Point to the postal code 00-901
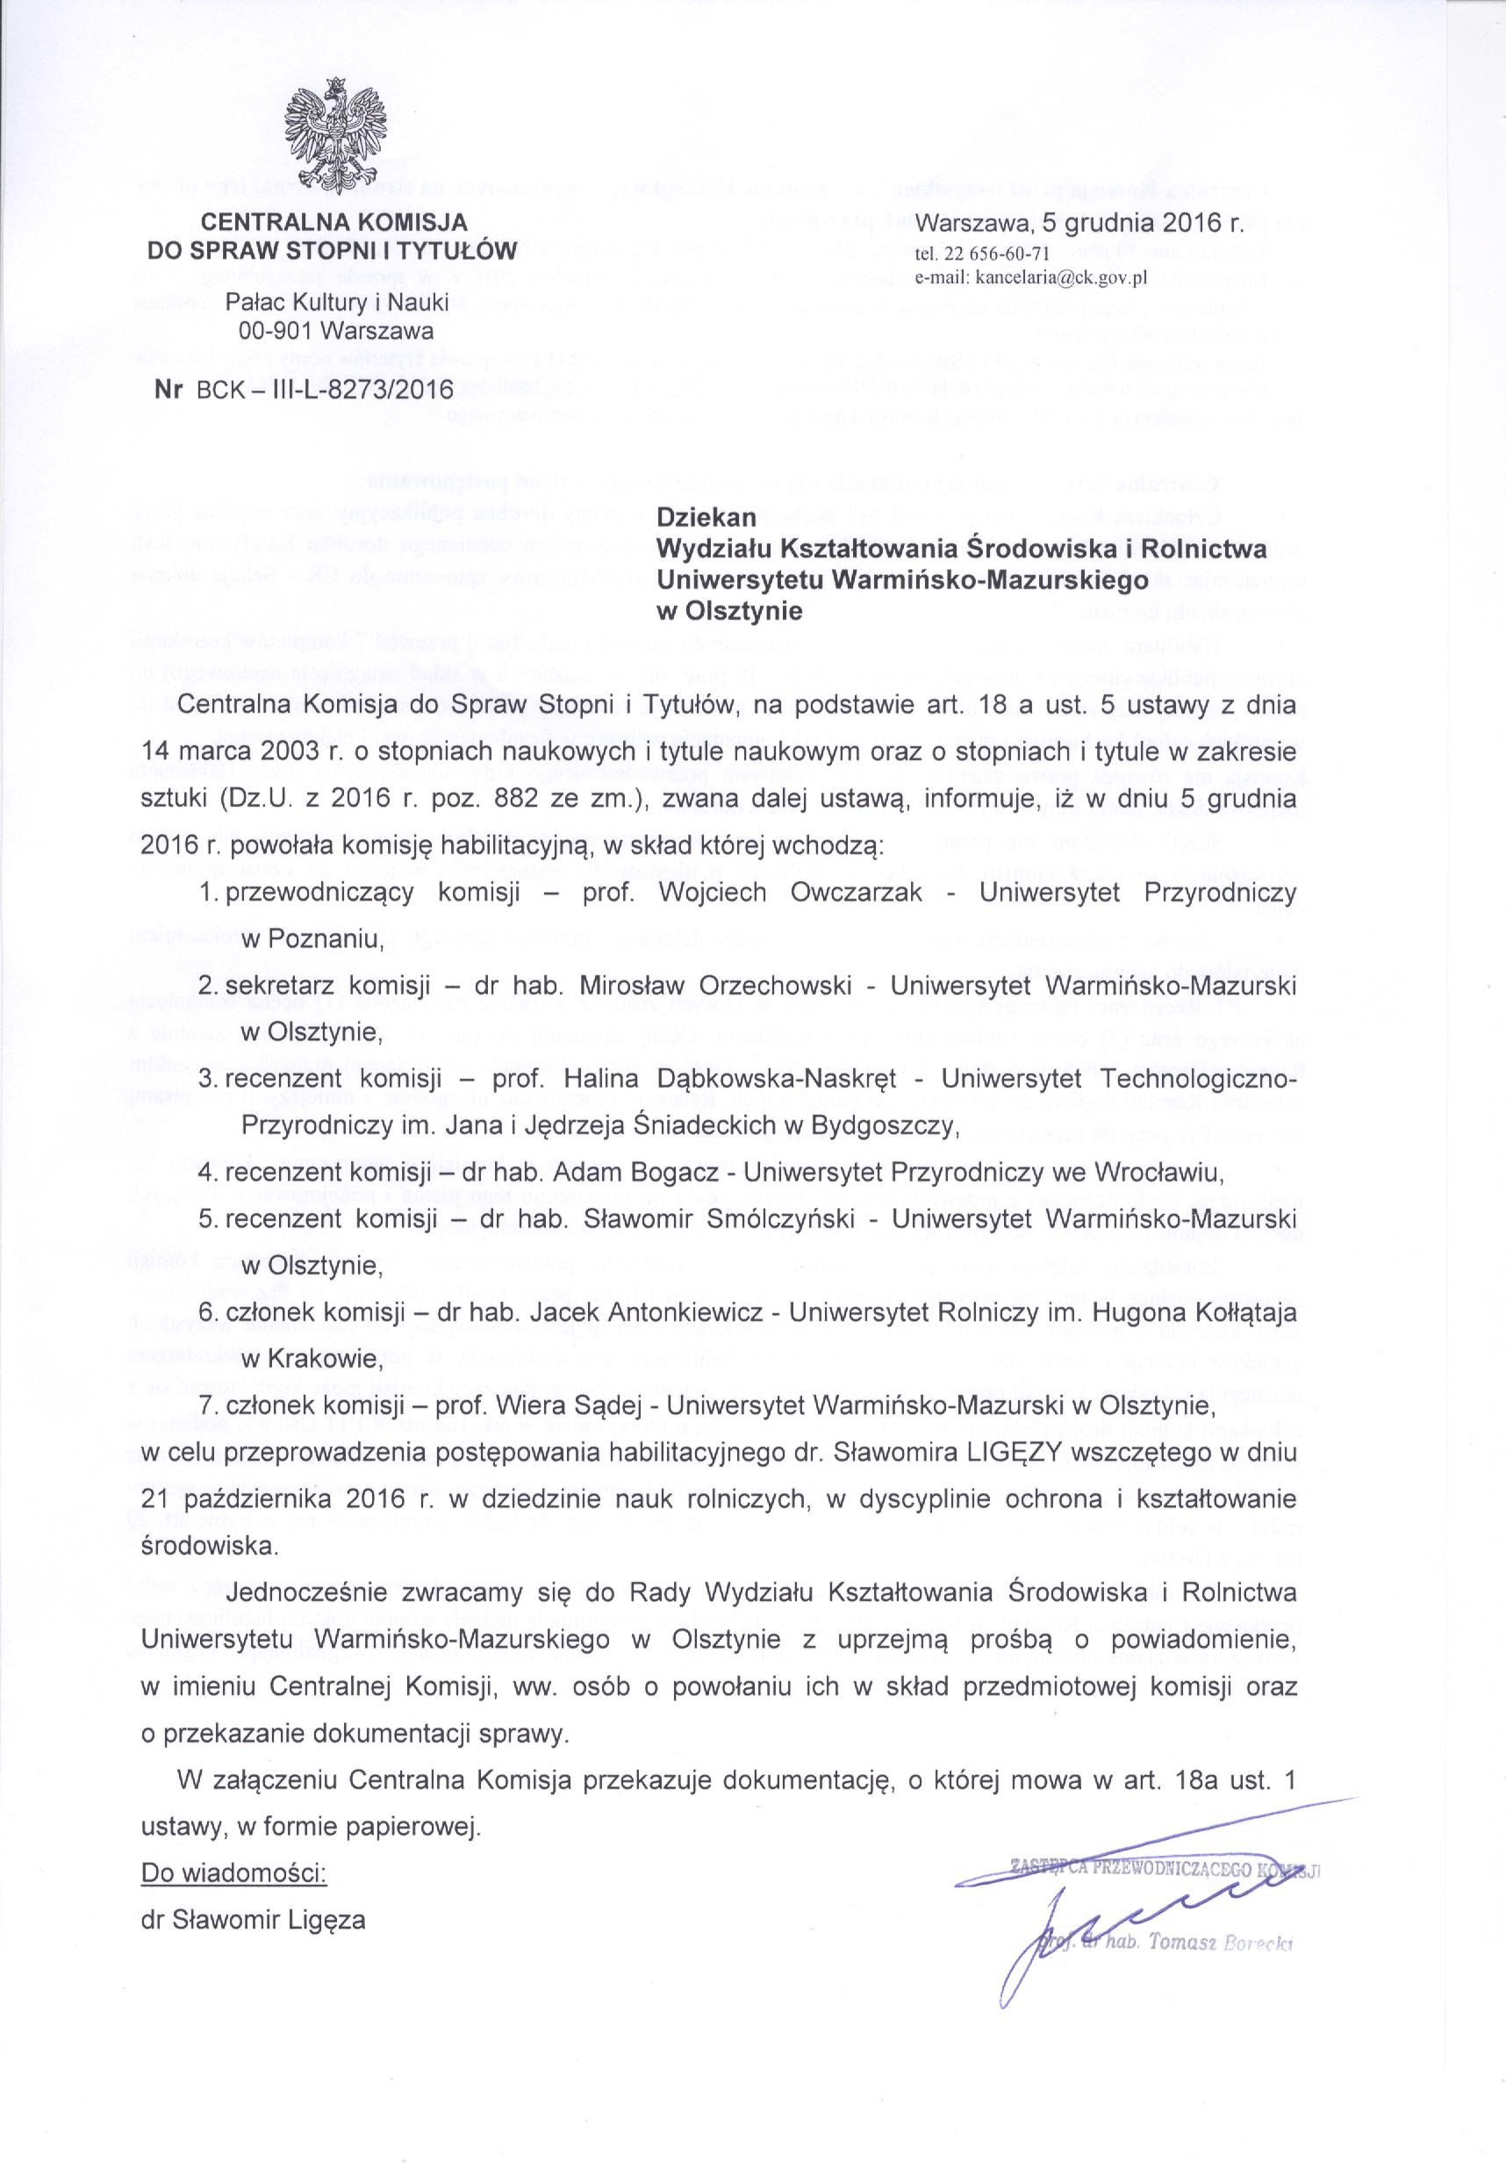(x=283, y=332)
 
